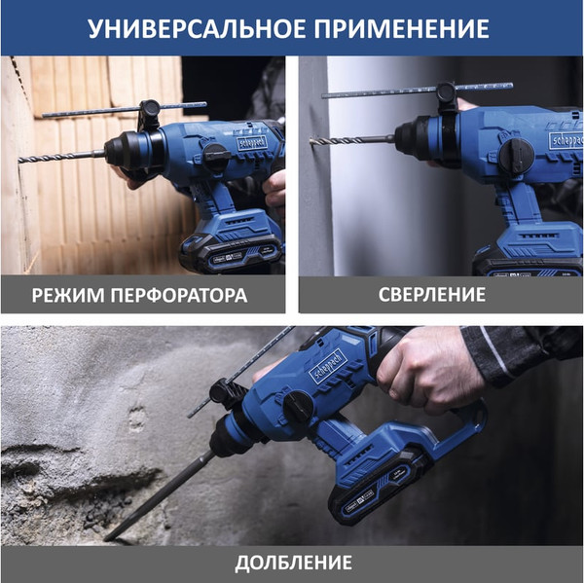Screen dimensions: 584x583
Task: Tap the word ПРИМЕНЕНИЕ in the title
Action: [x=401, y=28]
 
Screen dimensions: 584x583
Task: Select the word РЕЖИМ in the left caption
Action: [x=68, y=296]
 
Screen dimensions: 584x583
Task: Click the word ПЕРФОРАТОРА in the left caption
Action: [x=179, y=296]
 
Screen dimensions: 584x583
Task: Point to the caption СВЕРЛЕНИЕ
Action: [x=432, y=295]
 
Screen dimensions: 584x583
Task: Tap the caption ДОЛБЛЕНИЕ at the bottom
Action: [x=294, y=563]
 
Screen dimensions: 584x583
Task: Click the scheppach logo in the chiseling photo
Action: [x=328, y=367]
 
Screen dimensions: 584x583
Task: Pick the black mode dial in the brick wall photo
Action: [x=216, y=157]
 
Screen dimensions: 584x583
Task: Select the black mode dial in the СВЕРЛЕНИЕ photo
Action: [x=517, y=156]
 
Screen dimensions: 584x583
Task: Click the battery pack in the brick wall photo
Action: [x=231, y=253]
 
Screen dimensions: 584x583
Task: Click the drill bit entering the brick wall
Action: [x=61, y=156]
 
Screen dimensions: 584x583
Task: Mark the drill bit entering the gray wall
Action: [x=352, y=140]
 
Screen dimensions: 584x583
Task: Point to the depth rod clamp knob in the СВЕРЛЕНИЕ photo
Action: [x=446, y=92]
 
